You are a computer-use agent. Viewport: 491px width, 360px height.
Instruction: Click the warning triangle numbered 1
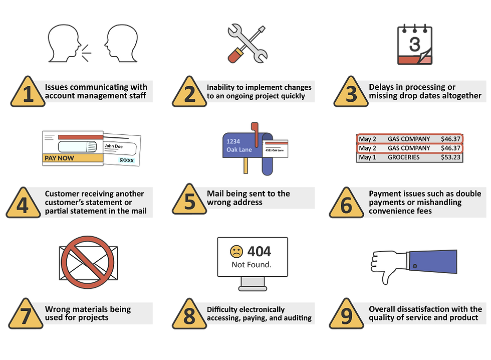tap(28, 92)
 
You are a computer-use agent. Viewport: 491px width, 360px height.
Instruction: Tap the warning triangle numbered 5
tap(189, 200)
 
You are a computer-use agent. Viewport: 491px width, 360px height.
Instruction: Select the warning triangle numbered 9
tap(346, 314)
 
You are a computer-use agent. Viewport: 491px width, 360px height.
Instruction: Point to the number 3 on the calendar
tap(415, 44)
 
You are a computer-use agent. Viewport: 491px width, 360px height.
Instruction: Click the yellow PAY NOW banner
tap(73, 158)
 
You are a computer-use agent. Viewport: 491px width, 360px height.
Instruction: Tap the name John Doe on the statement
tap(114, 146)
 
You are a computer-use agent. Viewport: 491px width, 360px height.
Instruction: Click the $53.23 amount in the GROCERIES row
tap(450, 157)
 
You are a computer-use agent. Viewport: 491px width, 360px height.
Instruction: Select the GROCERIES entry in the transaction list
tap(404, 157)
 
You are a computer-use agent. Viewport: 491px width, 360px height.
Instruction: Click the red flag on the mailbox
tap(255, 134)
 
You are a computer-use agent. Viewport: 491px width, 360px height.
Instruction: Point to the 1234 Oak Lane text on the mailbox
tap(239, 146)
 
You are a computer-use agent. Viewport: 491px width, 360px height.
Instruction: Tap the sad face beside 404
tap(236, 251)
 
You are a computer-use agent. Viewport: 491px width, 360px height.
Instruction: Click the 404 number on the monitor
tap(259, 251)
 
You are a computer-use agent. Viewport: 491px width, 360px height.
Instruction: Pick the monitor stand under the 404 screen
tap(253, 284)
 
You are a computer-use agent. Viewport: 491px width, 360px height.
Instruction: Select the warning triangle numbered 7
tap(26, 314)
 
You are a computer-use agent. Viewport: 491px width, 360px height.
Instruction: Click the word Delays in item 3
tap(381, 87)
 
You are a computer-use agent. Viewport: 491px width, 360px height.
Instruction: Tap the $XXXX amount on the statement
tap(126, 160)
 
